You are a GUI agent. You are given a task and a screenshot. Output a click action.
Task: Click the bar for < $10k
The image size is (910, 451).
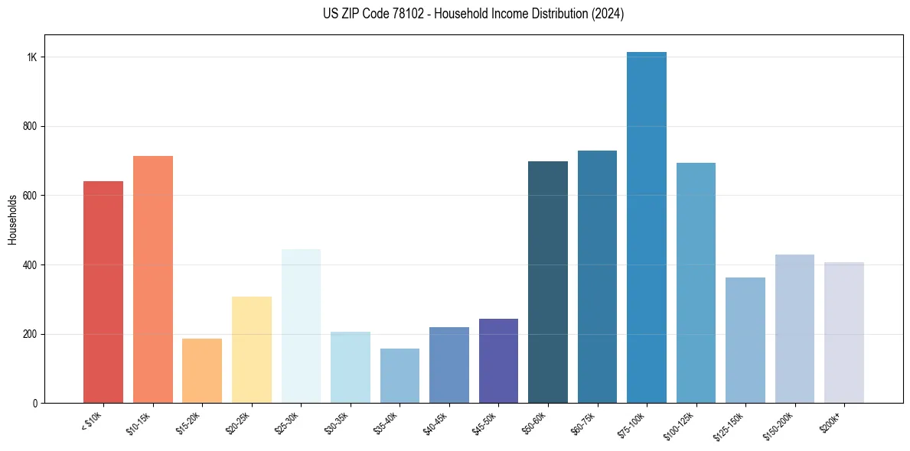click(103, 292)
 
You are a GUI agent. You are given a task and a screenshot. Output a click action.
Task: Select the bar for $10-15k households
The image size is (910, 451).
click(153, 279)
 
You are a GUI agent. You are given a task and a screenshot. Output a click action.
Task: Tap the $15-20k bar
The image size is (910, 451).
click(202, 371)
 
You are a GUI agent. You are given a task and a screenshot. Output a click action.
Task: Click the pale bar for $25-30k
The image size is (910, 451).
click(301, 326)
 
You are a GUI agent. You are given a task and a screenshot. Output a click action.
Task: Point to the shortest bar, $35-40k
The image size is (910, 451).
click(400, 375)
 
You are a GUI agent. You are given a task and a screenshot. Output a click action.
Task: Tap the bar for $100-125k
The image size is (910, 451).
click(696, 283)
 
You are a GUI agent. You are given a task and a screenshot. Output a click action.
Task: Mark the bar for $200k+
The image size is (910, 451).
click(844, 333)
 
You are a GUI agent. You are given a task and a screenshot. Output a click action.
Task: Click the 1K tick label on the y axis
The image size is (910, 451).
click(32, 57)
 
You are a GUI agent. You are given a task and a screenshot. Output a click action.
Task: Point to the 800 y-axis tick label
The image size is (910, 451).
click(31, 126)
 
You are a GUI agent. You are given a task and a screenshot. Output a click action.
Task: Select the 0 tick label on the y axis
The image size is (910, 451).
click(35, 403)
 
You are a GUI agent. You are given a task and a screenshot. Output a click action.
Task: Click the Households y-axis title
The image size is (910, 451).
click(12, 219)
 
